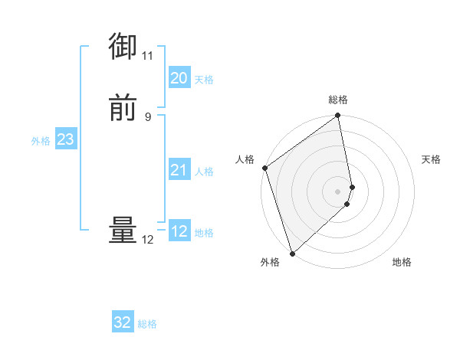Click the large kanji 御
pos(123,47)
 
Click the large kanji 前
pos(123,108)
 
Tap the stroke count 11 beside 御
pos(148,56)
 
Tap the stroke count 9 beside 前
pos(148,116)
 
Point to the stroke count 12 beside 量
pos(148,240)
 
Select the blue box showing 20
pos(179,78)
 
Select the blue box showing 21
pos(179,170)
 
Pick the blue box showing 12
pos(179,231)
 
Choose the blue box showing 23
pos(65,139)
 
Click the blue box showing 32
pos(123,322)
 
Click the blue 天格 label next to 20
pos(204,80)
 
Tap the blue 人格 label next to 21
pos(204,172)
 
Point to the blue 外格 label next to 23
pos(41,141)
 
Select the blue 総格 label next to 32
pos(148,324)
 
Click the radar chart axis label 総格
pos(338,100)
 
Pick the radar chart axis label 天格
pos(432,159)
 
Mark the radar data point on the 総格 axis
pos(338,116)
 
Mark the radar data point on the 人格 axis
pos(264,168)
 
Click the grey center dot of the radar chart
pos(338,191)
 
